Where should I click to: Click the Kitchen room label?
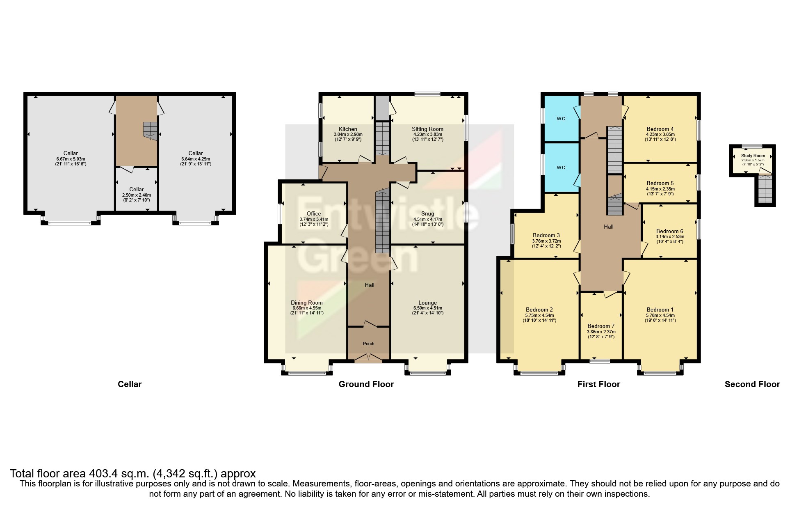348,129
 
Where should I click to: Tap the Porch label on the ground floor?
368,344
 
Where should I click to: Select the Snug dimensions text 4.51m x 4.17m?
427,219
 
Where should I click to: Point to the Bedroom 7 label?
601,326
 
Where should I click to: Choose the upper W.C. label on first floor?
561,119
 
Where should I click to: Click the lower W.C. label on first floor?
561,167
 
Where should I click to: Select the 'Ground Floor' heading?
366,384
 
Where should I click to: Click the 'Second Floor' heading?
752,384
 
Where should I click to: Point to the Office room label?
314,213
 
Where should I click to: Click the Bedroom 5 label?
660,183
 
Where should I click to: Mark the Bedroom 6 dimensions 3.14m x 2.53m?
669,236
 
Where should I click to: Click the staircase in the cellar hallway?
150,130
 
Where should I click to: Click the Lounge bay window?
428,373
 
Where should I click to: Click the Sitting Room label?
427,129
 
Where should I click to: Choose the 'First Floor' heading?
598,384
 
